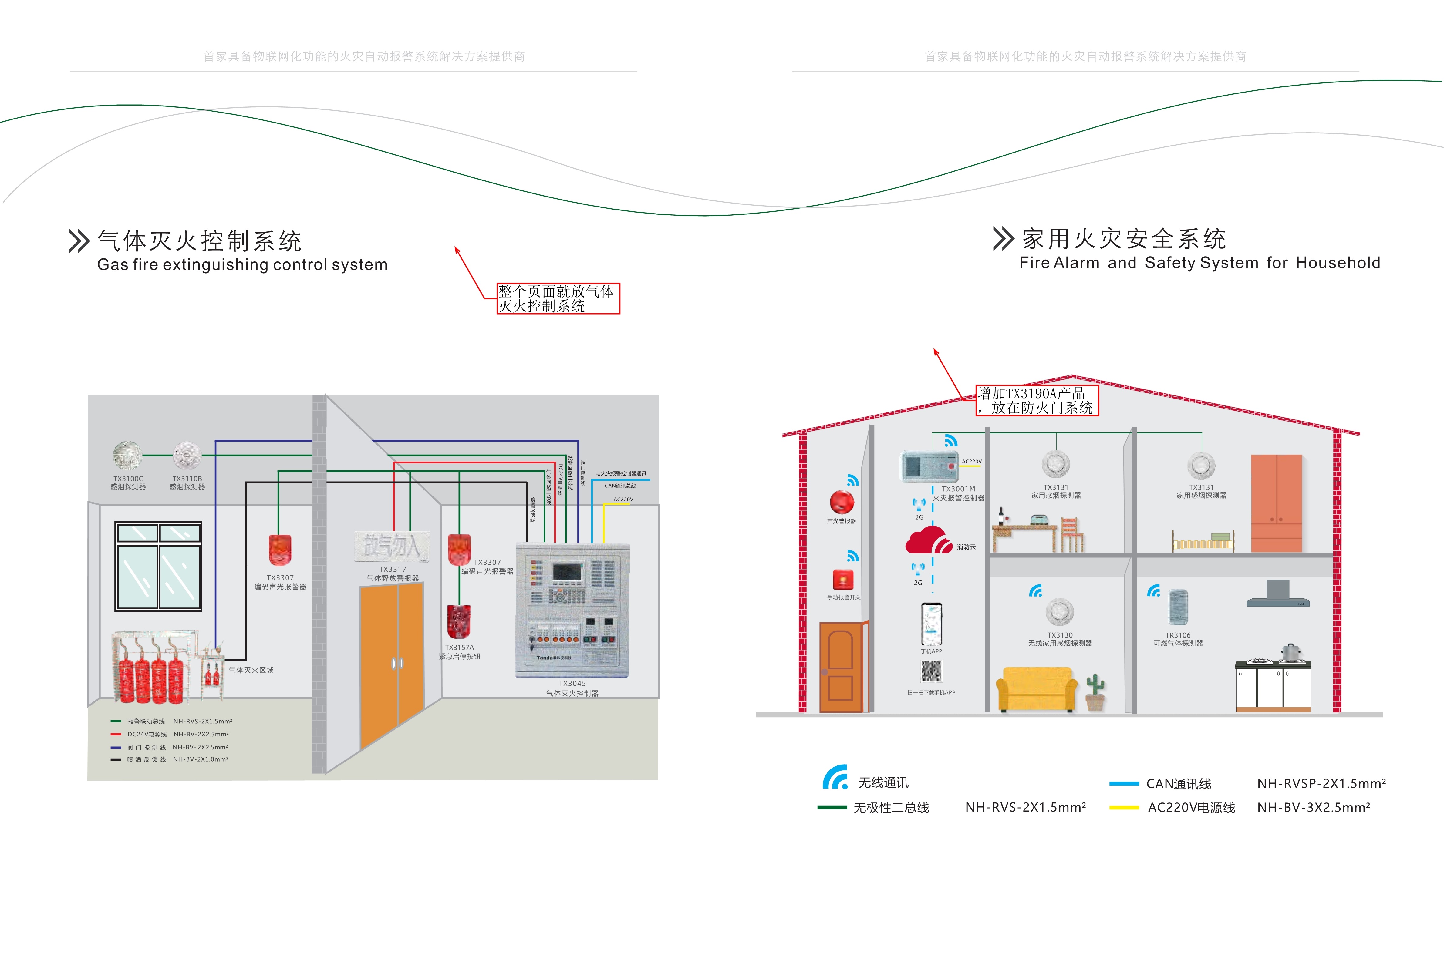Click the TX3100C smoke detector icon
[127, 455]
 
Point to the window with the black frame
[158, 566]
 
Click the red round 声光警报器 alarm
[842, 502]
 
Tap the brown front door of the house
[841, 667]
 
